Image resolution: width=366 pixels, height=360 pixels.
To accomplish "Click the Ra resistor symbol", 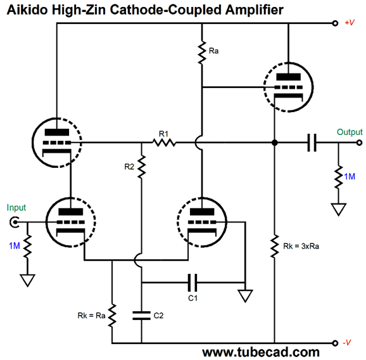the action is click(x=202, y=52).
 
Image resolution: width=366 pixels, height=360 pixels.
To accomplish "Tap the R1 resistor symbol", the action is click(x=164, y=142).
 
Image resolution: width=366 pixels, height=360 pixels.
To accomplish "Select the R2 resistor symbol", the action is click(x=141, y=167).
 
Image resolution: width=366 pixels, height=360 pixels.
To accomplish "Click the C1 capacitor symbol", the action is click(x=192, y=283).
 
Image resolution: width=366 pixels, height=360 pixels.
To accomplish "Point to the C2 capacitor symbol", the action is click(x=141, y=316).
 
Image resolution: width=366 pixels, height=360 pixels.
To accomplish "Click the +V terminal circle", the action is click(x=335, y=23).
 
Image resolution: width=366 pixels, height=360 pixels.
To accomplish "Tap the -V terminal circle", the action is click(x=335, y=343).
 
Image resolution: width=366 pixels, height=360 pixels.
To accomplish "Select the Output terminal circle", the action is click(x=360, y=143).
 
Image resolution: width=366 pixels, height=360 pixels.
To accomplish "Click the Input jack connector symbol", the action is click(x=15, y=222).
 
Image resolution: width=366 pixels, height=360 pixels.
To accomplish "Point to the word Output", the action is click(x=350, y=132).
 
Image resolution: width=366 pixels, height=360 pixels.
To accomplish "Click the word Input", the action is click(x=16, y=207).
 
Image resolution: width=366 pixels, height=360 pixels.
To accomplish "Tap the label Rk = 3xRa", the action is click(x=301, y=246).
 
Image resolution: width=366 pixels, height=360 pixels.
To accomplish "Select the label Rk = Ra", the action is click(x=91, y=316).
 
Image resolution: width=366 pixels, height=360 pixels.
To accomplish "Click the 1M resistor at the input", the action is click(x=27, y=247).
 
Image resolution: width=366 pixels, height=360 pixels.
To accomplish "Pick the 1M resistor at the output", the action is click(x=339, y=177).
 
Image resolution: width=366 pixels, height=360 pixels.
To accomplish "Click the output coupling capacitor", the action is click(x=312, y=143).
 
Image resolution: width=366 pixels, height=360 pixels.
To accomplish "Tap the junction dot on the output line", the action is click(x=275, y=143).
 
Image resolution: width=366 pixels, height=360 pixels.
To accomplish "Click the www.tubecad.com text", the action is click(x=261, y=352).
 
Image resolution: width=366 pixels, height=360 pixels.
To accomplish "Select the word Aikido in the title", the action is click(x=27, y=10).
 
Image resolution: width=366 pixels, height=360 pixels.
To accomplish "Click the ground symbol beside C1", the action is click(x=245, y=295).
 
